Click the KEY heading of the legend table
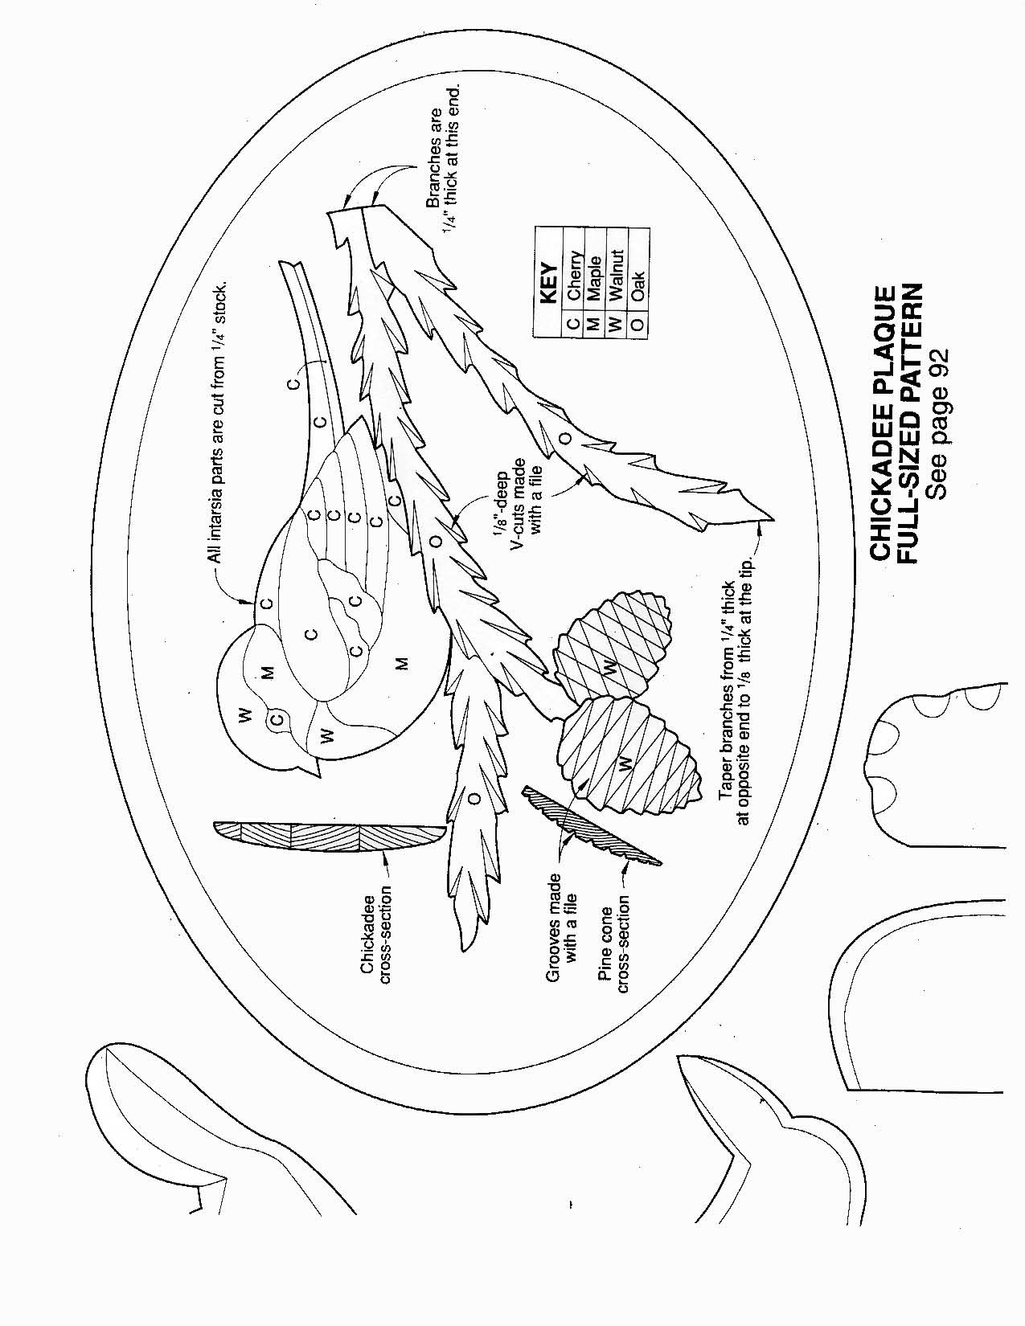click(550, 282)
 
